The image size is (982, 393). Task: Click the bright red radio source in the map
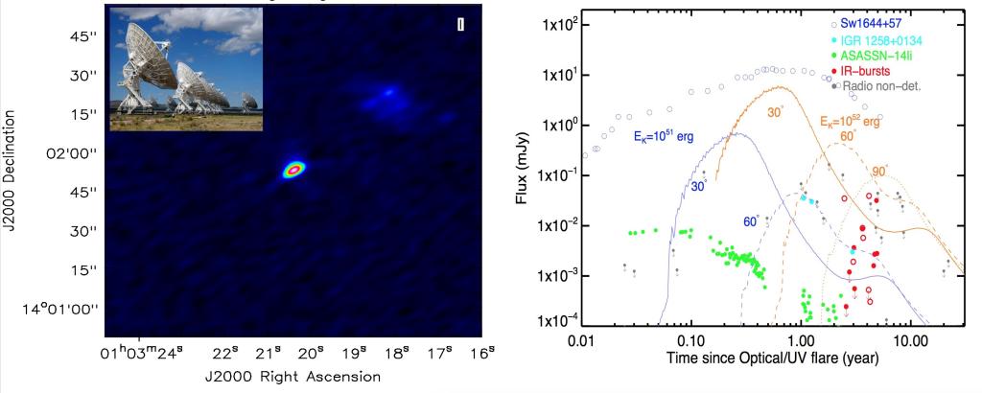tap(293, 170)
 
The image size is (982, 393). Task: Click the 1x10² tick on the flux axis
tap(548, 22)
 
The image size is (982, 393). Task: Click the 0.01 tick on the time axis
tap(583, 341)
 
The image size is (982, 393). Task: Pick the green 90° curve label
tap(880, 171)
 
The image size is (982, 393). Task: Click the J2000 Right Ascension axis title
tap(292, 377)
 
